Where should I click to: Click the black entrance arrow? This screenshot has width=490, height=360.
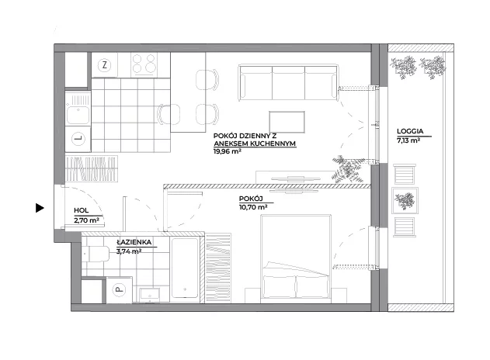click(x=40, y=208)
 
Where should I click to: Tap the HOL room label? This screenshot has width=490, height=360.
click(x=82, y=211)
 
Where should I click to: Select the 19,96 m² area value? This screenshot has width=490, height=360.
click(x=228, y=152)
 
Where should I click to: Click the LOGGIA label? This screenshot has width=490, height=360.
click(x=410, y=131)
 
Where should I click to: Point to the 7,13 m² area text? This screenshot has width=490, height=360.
click(x=408, y=140)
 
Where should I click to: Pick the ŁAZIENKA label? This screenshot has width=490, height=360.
click(x=134, y=242)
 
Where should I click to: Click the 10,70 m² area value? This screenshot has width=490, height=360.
click(x=253, y=206)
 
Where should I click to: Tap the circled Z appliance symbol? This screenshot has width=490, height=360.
click(x=104, y=65)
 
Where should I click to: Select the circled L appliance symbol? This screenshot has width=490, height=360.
click(x=78, y=139)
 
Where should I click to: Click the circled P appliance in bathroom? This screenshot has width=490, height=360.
click(x=119, y=289)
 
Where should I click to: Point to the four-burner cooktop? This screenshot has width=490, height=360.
click(x=144, y=64)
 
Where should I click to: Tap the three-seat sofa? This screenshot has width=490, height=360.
click(x=288, y=82)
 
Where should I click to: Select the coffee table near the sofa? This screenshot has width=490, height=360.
click(x=287, y=122)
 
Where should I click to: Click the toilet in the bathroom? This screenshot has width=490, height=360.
click(x=96, y=254)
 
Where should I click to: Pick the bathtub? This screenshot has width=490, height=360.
click(x=185, y=268)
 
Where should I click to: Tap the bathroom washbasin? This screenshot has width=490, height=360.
click(x=150, y=295)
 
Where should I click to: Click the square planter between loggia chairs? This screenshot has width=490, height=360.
click(x=405, y=200)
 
